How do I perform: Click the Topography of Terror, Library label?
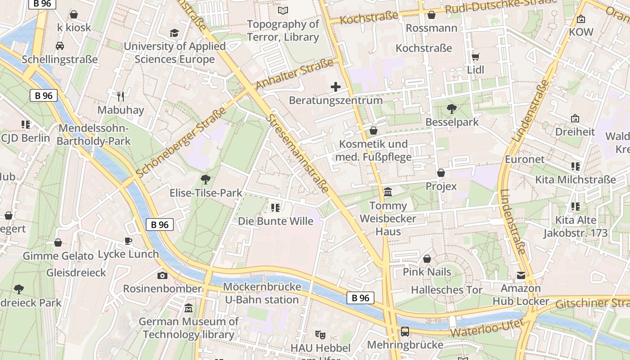283,31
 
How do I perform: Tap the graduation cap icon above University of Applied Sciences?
174,33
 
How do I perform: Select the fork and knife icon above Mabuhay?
120,96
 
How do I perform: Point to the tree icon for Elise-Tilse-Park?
206,180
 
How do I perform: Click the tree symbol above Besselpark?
451,108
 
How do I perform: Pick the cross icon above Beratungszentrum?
335,87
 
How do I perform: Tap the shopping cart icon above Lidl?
475,57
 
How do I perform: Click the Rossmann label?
431,28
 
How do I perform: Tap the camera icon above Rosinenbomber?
162,275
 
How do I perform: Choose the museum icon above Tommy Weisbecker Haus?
387,193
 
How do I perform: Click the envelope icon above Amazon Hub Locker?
521,275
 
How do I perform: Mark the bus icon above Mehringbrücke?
405,332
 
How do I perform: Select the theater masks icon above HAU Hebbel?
320,334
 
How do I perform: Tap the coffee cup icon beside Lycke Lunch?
128,241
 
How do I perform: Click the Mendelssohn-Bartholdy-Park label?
94,135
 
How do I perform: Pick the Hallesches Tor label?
446,290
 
